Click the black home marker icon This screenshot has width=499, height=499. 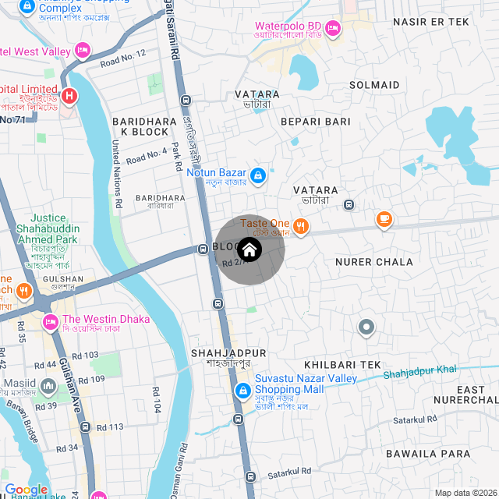click(x=249, y=249)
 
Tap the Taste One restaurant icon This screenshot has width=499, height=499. click(x=302, y=226)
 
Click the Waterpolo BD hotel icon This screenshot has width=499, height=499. click(x=333, y=29)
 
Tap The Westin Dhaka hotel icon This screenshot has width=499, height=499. click(x=51, y=320)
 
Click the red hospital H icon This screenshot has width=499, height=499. click(x=69, y=97)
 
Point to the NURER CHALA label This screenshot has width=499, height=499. click(x=373, y=262)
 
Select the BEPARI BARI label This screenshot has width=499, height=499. click(x=316, y=122)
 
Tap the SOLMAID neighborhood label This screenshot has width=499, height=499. click(x=374, y=84)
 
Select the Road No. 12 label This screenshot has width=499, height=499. click(x=123, y=57)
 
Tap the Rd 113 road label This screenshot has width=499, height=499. click(x=110, y=427)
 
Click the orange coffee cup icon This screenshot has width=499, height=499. click(x=384, y=220)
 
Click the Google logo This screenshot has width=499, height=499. click(x=27, y=490)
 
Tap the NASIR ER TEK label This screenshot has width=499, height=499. click(x=431, y=22)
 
